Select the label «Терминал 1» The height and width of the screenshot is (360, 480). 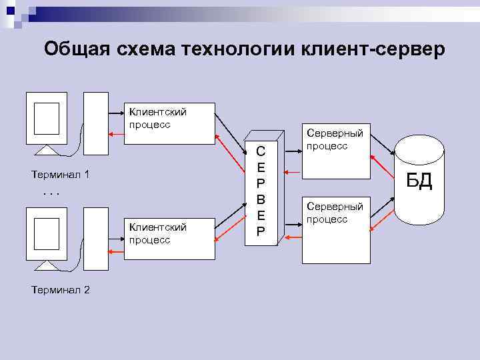point(61,175)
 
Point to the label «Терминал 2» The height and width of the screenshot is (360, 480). point(61,289)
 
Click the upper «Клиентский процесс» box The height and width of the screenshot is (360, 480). point(171,123)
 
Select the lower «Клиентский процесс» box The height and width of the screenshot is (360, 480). point(171,238)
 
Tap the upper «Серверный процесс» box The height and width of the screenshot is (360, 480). point(336,153)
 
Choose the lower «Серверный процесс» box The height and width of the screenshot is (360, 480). point(336,230)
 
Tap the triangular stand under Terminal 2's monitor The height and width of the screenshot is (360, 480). point(47,265)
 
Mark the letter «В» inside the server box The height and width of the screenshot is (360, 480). point(261,199)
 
